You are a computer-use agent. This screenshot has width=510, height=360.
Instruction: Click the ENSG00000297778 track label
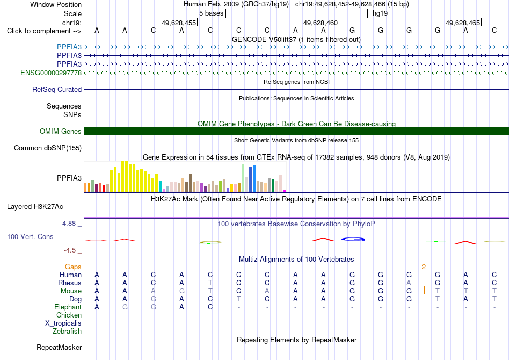point(51,73)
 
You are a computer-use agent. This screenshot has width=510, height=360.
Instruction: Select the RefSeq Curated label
point(57,89)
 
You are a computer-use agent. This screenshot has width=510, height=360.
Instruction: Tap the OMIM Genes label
point(61,131)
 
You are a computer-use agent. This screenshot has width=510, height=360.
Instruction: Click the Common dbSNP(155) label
point(48,148)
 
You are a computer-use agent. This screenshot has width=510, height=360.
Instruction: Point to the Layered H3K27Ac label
point(35,207)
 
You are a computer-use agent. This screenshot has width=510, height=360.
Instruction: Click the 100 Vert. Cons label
point(30,236)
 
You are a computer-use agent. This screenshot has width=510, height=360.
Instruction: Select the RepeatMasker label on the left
point(59,347)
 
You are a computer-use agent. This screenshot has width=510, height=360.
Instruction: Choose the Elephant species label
point(68,307)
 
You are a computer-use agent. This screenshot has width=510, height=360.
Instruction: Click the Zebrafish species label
point(67,331)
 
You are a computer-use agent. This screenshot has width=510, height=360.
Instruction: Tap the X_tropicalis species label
point(63,323)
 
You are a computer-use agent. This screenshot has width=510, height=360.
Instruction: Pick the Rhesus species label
point(70,283)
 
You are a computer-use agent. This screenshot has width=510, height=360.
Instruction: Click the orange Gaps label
point(73,267)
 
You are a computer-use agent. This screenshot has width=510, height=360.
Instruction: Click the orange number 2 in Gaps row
point(424,267)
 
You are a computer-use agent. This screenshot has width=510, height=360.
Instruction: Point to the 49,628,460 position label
point(320,23)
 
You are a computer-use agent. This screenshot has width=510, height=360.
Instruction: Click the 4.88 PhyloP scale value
point(69,224)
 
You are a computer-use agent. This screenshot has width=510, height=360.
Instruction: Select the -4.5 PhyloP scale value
point(70,250)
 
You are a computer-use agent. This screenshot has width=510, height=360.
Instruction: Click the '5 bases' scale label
point(212,13)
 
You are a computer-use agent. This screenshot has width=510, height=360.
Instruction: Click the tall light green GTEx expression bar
point(243,178)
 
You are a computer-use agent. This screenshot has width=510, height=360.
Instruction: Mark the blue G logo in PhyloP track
point(353,239)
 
